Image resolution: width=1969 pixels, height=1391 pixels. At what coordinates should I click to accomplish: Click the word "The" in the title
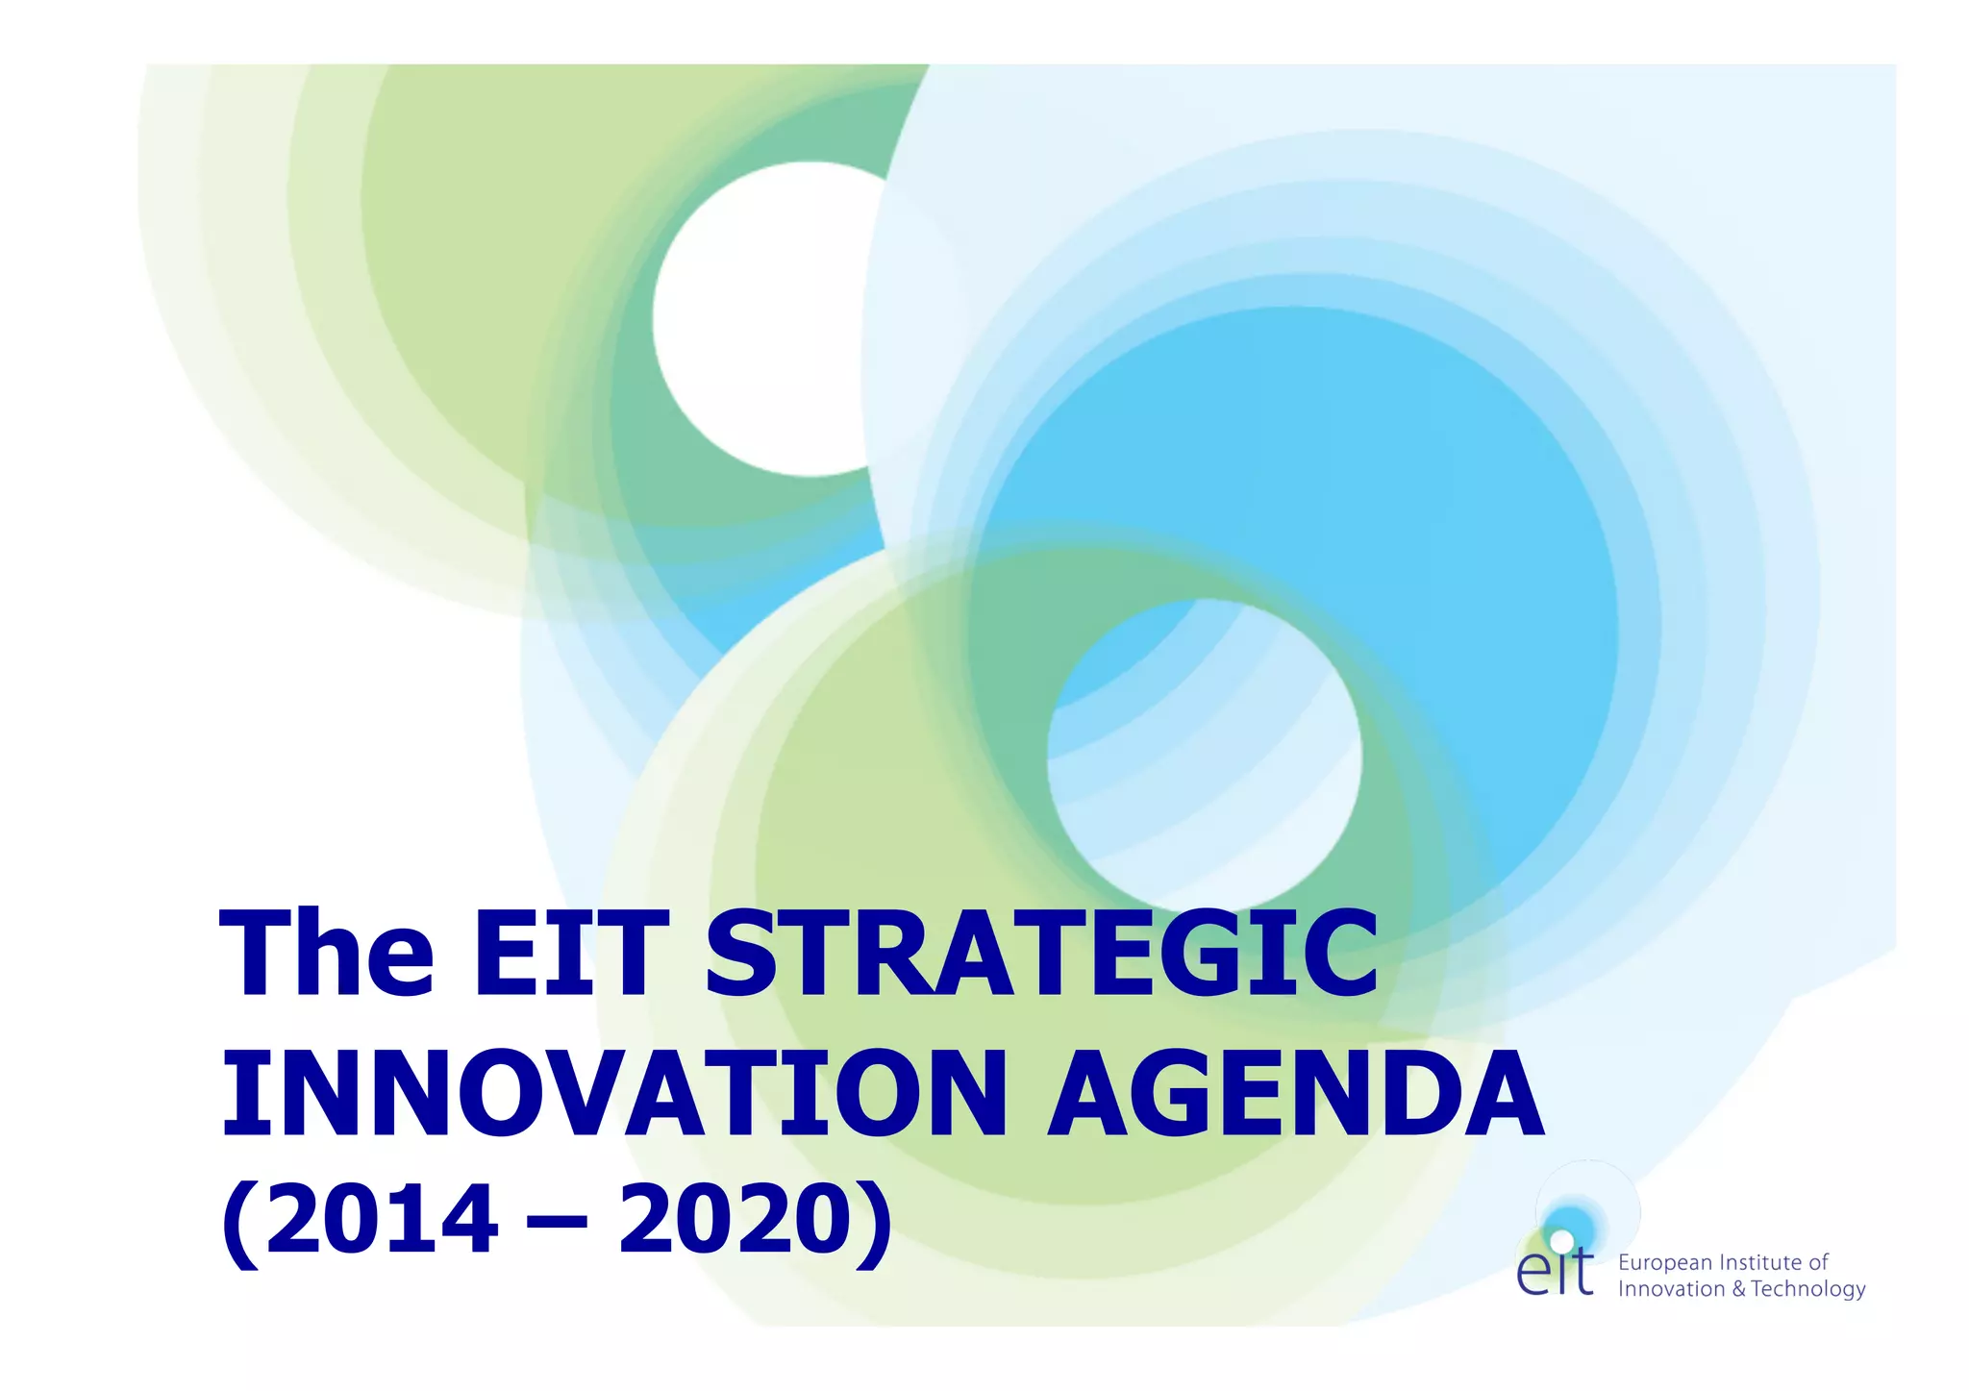[x=327, y=955]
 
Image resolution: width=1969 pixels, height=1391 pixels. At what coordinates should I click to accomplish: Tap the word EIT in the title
[x=570, y=955]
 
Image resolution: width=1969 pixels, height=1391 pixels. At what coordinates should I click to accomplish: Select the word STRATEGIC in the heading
[x=1042, y=955]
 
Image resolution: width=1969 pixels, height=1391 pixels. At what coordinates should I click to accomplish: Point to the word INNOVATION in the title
[x=614, y=1095]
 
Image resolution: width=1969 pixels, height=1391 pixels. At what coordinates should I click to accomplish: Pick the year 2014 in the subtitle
[x=383, y=1219]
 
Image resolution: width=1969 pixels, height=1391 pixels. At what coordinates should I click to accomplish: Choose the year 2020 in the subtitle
[x=735, y=1219]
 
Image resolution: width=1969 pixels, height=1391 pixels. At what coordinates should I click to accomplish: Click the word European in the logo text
[x=1665, y=1263]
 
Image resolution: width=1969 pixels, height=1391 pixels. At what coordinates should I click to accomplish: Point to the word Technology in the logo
[x=1808, y=1289]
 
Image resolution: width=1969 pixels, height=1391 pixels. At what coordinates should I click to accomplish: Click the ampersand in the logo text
[x=1738, y=1289]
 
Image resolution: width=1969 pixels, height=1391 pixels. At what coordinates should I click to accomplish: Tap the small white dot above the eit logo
[x=1562, y=1241]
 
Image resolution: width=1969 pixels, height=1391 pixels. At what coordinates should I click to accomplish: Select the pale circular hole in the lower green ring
[x=1204, y=755]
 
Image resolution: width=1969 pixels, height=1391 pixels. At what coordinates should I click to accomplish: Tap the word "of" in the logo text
[x=1818, y=1262]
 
